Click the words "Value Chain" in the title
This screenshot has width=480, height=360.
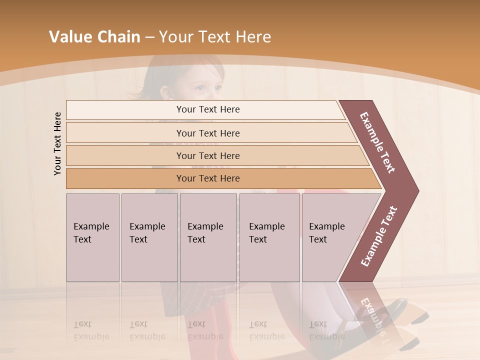[x=94, y=37]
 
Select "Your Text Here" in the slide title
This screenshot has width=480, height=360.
[x=215, y=37]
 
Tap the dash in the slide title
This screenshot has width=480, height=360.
[x=149, y=37]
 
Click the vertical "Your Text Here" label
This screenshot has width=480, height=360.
[x=57, y=143]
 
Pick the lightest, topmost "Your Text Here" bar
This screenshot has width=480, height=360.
[x=207, y=109]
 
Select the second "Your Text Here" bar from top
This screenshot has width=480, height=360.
[x=207, y=133]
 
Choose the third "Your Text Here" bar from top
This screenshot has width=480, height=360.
[x=207, y=155]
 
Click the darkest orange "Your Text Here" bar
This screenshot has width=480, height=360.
[x=207, y=178]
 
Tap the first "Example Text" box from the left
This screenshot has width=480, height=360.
[x=92, y=237]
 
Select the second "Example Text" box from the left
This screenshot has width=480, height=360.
[x=149, y=237]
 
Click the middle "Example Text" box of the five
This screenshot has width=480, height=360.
[x=208, y=237]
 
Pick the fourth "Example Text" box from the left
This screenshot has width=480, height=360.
[x=269, y=237]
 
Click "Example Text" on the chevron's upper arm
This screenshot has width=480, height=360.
[x=377, y=142]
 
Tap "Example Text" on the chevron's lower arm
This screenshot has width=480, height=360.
[x=379, y=236]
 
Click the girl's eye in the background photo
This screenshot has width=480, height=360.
[x=199, y=88]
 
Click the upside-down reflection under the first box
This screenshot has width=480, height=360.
[x=91, y=330]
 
